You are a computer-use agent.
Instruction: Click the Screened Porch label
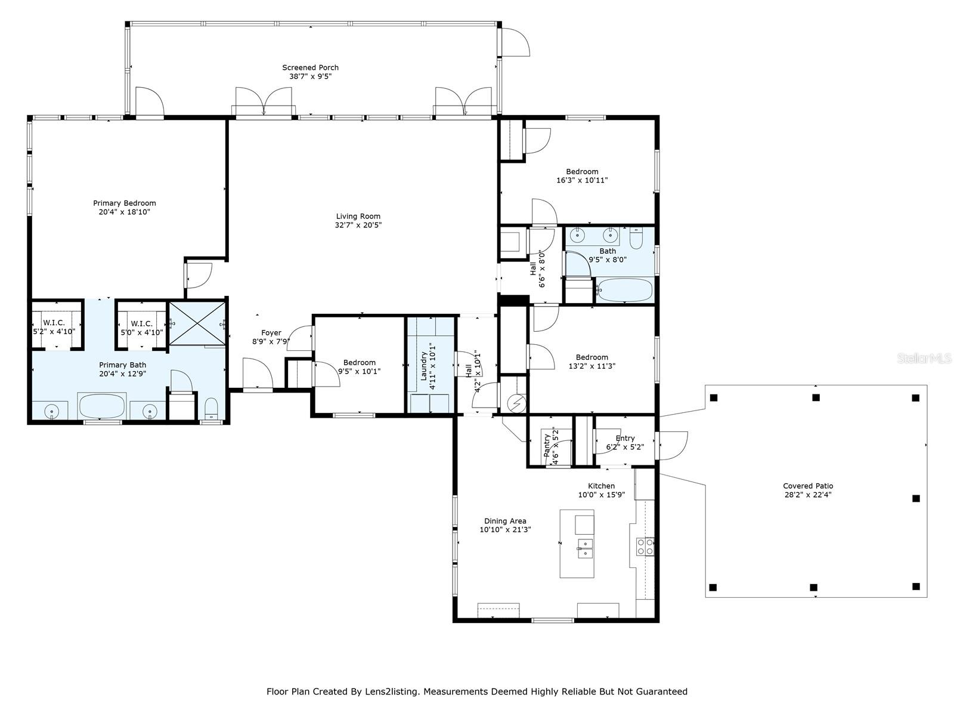point(310,67)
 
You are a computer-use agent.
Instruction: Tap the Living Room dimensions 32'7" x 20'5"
point(358,225)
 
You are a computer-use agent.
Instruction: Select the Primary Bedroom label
point(124,203)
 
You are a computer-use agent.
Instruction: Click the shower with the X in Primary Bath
point(197,323)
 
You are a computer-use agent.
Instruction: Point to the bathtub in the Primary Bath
point(102,406)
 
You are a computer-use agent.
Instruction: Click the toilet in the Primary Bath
point(211,408)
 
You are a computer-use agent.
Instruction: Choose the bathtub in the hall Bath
point(625,291)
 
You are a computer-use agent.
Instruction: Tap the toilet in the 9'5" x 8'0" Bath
point(636,239)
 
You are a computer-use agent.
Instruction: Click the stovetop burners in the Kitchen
point(645,547)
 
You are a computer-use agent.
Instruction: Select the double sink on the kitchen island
point(585,548)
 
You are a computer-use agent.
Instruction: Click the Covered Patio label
point(808,486)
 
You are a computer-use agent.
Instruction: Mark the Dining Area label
point(505,521)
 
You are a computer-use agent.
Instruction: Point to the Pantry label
point(547,445)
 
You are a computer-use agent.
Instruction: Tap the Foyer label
point(271,332)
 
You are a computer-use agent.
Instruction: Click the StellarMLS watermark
point(924,358)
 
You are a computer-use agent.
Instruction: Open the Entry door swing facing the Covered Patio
point(673,445)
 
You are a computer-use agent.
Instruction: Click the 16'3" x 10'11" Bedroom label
point(582,171)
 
